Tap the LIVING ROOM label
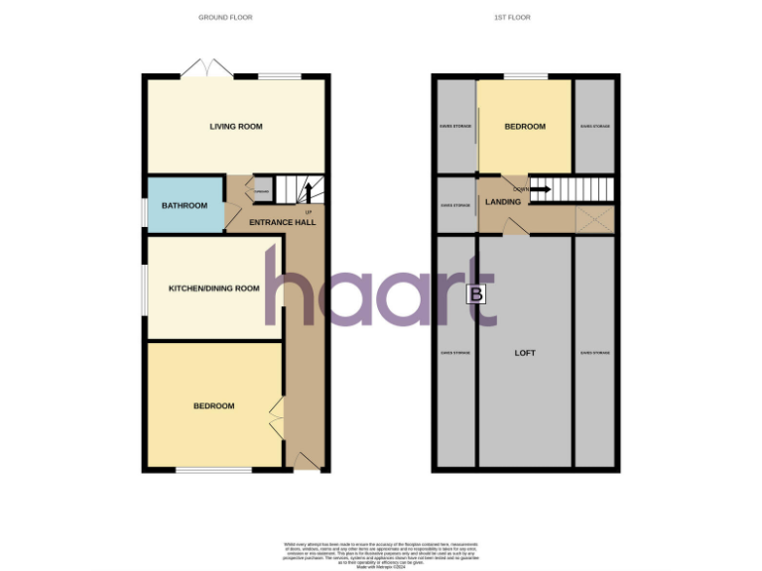pyautogui.click(x=235, y=126)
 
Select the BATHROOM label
pyautogui.click(x=185, y=205)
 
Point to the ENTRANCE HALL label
pyautogui.click(x=282, y=222)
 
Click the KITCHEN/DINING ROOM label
pyautogui.click(x=213, y=288)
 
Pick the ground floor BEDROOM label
pyautogui.click(x=213, y=405)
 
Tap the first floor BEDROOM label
pyautogui.click(x=525, y=126)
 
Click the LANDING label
pyautogui.click(x=502, y=202)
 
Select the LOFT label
pyautogui.click(x=525, y=352)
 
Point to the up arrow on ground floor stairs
pyautogui.click(x=307, y=190)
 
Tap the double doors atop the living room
pyautogui.click(x=207, y=69)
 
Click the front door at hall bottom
pyautogui.click(x=309, y=463)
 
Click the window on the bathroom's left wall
pyautogui.click(x=144, y=205)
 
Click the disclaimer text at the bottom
pyautogui.click(x=380, y=550)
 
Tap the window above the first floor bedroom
pyautogui.click(x=525, y=76)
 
